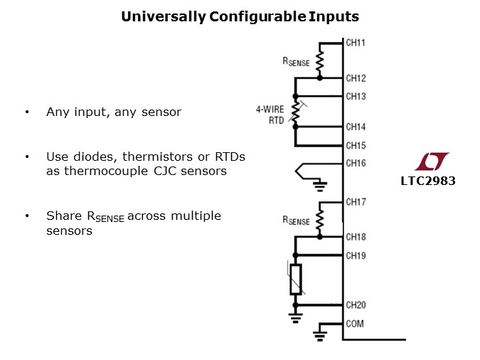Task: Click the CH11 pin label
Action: coord(356,43)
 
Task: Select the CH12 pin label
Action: coord(356,78)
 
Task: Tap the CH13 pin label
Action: coord(356,96)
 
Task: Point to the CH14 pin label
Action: coord(356,127)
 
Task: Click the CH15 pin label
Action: coord(356,145)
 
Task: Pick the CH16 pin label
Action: coord(356,163)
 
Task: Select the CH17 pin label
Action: coord(356,202)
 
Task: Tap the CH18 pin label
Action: coord(356,237)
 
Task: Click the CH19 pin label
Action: coord(356,255)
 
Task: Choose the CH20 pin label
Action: coord(356,305)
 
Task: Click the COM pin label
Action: coord(354,324)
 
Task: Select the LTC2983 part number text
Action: coord(427,181)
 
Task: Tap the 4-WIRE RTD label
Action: coord(270,115)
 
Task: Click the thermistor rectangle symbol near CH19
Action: coord(295,280)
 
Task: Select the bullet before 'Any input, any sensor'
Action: coord(27,112)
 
